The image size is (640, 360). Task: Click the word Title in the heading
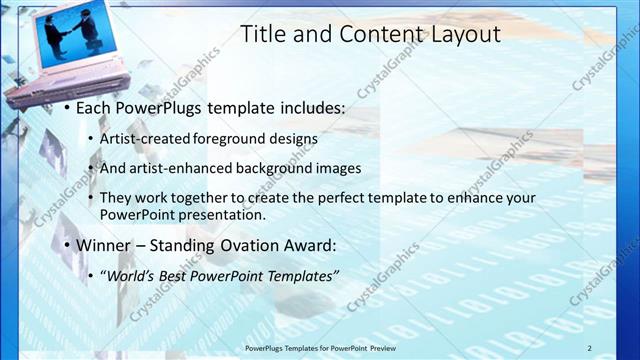point(264,34)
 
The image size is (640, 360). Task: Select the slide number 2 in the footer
point(589,347)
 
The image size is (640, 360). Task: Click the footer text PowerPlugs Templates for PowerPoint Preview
point(329,347)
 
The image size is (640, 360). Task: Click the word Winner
point(104,245)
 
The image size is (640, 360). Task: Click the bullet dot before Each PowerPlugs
point(65,107)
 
